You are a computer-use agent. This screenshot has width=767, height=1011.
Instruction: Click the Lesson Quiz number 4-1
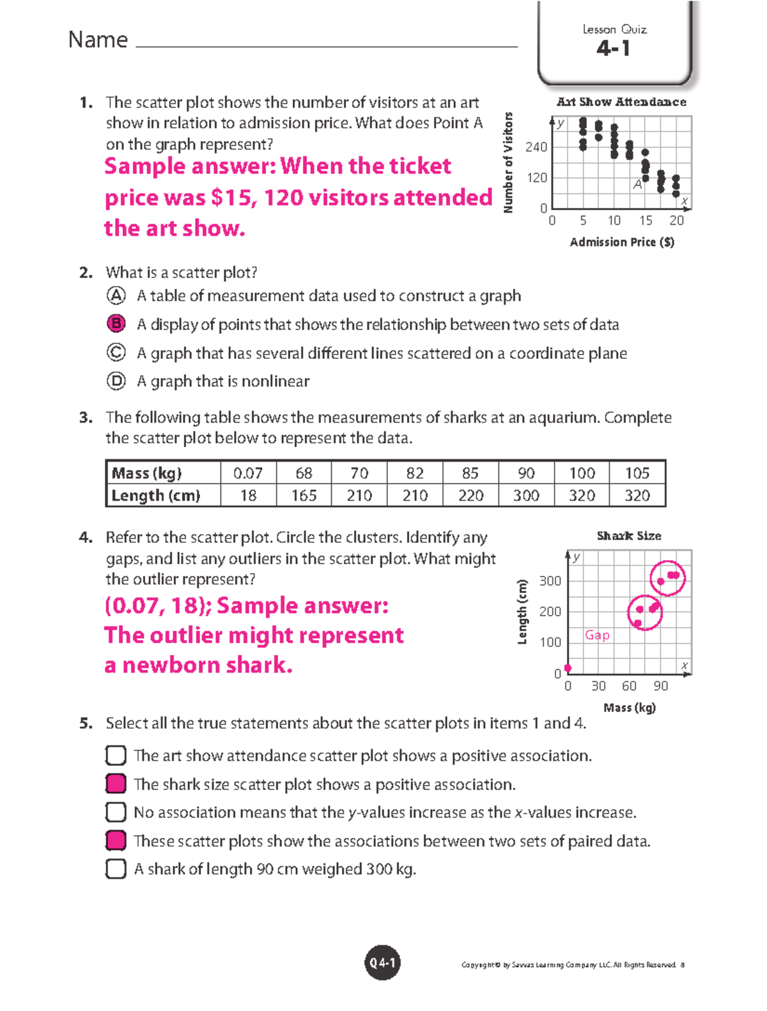[x=614, y=49]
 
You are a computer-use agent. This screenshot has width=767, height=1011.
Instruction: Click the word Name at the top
[x=98, y=40]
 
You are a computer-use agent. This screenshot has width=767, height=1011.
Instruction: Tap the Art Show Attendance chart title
[x=621, y=102]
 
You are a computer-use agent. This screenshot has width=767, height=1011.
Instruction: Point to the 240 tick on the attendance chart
[x=536, y=148]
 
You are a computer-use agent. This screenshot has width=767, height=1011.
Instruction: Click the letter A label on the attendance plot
[x=637, y=185]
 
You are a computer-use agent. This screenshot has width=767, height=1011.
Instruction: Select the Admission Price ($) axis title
[x=622, y=242]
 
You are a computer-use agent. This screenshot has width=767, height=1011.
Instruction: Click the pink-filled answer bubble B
[x=116, y=324]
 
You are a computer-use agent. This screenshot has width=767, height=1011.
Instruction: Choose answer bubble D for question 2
[x=116, y=381]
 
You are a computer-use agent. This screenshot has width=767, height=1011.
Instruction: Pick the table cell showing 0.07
[x=248, y=473]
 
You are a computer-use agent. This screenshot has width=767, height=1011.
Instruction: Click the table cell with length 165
[x=304, y=496]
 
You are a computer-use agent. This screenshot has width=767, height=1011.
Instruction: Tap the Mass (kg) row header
[x=147, y=473]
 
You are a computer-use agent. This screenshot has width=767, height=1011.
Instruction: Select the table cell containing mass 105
[x=637, y=473]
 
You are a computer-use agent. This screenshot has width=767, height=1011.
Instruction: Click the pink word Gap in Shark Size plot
[x=597, y=635]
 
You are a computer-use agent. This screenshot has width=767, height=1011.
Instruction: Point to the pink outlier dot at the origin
[x=568, y=668]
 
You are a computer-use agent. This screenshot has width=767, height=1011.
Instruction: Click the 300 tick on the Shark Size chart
[x=550, y=581]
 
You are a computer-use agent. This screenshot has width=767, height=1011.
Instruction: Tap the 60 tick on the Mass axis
[x=629, y=686]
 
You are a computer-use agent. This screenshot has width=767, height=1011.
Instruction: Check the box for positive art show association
[x=116, y=756]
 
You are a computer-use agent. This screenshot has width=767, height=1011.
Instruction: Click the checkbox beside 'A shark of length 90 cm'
[x=116, y=869]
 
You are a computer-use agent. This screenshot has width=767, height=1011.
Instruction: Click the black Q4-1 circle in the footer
[x=382, y=962]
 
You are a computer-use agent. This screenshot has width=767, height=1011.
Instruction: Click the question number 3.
[x=86, y=418]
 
